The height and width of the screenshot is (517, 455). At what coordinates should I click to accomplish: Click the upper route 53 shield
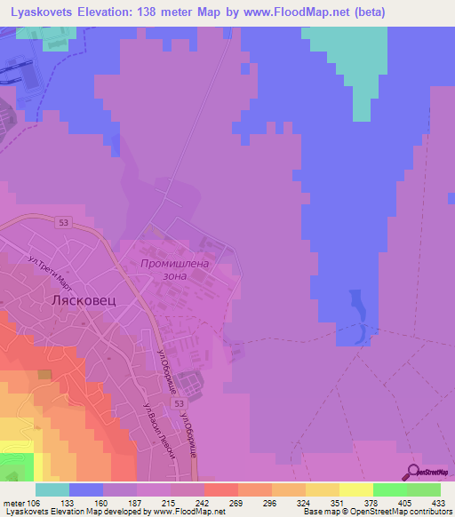pyautogui.click(x=60, y=222)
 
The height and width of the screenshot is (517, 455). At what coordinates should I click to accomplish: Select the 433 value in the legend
pyautogui.click(x=438, y=501)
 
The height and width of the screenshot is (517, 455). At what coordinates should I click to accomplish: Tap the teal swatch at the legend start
pyautogui.click(x=52, y=489)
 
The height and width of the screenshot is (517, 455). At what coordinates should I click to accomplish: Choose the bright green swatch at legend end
pyautogui.click(x=423, y=489)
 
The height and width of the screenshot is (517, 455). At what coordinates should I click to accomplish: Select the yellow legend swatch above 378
pyautogui.click(x=355, y=489)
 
